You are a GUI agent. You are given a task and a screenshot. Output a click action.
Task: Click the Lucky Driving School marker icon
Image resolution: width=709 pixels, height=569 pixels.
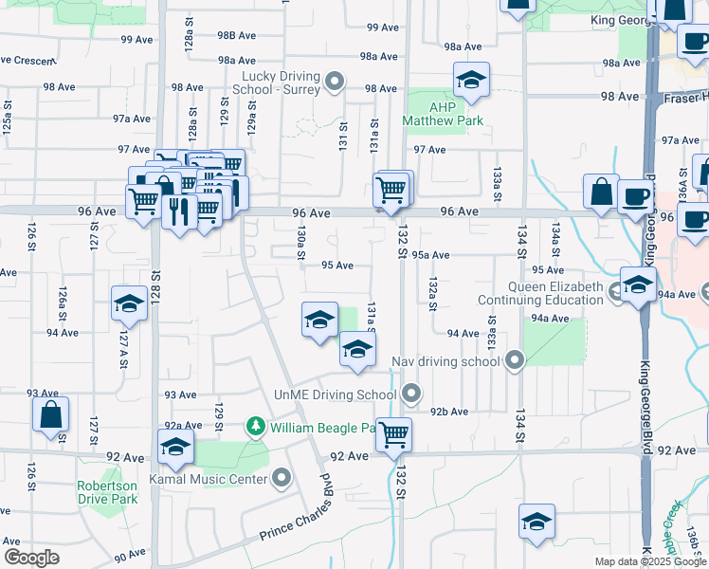[x=334, y=82]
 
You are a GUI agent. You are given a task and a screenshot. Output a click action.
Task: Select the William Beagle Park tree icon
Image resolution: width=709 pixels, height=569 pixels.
[x=254, y=428]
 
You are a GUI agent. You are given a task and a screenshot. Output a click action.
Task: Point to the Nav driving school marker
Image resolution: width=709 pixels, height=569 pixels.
[x=515, y=360]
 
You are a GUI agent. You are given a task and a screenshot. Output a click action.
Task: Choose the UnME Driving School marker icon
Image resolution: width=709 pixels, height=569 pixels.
[x=410, y=392]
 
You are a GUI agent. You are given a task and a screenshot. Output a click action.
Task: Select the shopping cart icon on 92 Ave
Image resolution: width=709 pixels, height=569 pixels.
[x=393, y=434]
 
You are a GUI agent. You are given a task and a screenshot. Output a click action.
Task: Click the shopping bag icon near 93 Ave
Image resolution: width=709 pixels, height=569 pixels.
[x=50, y=413]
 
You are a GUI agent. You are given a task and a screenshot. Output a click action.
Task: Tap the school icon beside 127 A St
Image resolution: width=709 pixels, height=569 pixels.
[x=129, y=303]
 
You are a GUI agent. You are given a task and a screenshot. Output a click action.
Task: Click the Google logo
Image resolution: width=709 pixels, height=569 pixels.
[x=31, y=558]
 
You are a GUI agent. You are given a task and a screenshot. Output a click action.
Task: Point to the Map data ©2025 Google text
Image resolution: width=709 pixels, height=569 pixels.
[x=650, y=561]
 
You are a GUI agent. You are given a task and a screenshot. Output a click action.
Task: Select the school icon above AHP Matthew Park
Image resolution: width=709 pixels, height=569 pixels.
[x=470, y=81]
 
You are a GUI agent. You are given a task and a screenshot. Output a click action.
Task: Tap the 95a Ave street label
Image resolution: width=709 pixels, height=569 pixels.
[x=429, y=254]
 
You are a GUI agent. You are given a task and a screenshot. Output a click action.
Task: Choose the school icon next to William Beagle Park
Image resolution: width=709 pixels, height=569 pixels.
[x=175, y=446]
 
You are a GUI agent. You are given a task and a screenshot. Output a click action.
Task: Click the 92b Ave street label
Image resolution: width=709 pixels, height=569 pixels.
[x=449, y=412]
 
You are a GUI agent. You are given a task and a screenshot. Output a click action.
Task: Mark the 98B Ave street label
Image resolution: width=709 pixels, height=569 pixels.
[x=237, y=35]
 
